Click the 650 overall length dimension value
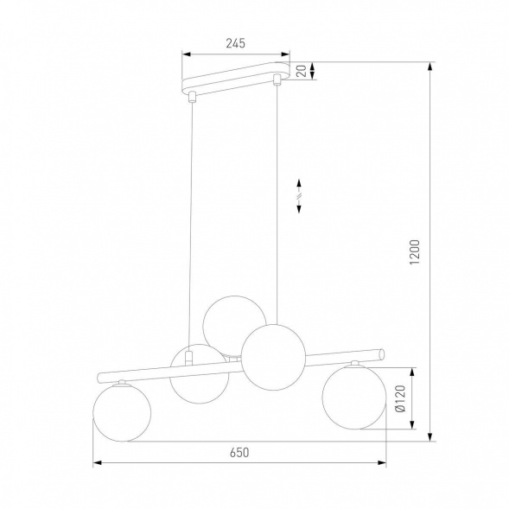click(239, 452)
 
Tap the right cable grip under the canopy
click(277, 80)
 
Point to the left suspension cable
click(192, 216)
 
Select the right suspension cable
click(277, 199)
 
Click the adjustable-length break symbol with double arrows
click(297, 195)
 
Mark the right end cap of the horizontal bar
click(383, 352)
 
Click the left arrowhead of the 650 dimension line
click(96, 464)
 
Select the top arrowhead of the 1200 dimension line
click(429, 66)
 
